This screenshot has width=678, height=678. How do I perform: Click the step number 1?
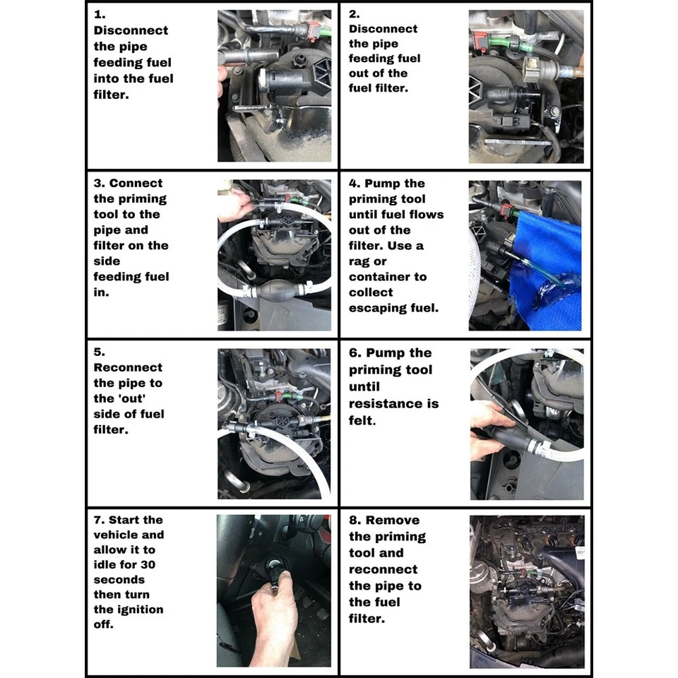tap(99, 15)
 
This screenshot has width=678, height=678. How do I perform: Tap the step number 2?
tap(355, 13)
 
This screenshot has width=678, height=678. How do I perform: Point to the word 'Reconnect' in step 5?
tap(128, 367)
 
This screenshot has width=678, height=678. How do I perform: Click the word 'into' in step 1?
tap(107, 78)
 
